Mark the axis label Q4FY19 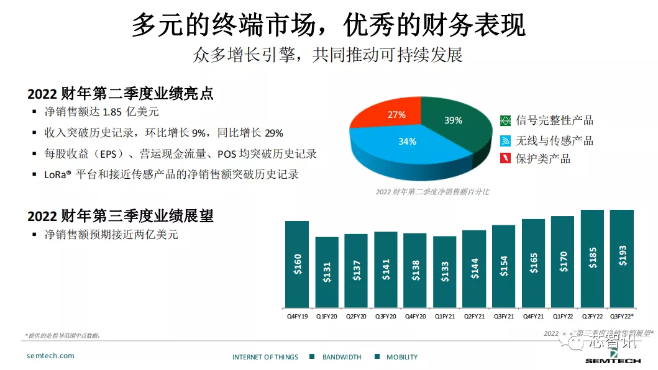click(x=297, y=316)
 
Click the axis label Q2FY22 click(x=593, y=316)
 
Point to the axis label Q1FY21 click(x=445, y=316)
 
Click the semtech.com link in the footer click(x=50, y=356)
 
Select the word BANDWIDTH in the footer click(x=342, y=357)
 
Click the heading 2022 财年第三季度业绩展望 click(x=121, y=216)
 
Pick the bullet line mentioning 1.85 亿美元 click(x=102, y=112)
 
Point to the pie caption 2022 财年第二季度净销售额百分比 click(x=432, y=192)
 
